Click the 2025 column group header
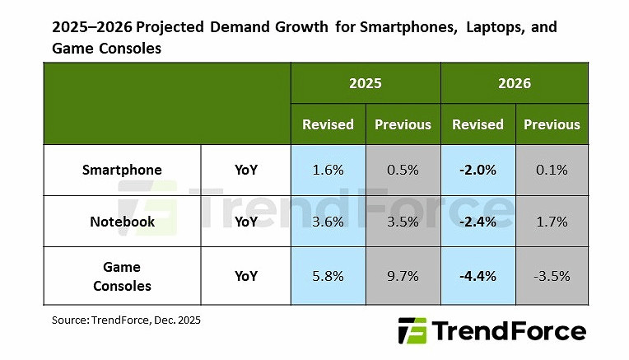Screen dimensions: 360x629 (x=365, y=83)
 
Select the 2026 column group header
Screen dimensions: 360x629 (x=515, y=83)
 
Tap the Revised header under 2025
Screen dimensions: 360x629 (x=328, y=124)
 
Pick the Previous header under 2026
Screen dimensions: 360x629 (x=552, y=124)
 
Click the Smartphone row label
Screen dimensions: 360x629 (x=122, y=171)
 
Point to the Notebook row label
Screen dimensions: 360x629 (x=122, y=222)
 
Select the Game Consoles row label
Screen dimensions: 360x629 (x=122, y=275)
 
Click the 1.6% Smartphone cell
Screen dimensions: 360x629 (x=328, y=171)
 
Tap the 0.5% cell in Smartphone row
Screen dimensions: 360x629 (x=403, y=171)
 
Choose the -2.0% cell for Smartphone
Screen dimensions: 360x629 (x=478, y=171)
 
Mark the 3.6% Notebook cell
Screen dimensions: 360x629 (x=328, y=222)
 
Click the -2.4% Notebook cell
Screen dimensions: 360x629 (x=478, y=222)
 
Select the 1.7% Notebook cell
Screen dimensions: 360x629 (x=552, y=222)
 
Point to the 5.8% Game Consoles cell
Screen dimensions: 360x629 (x=328, y=276)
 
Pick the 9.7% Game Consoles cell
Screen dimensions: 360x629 (x=403, y=276)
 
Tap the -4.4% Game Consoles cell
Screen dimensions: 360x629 (x=478, y=276)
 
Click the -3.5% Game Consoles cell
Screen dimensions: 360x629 (x=552, y=276)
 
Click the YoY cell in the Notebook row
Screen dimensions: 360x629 (x=245, y=222)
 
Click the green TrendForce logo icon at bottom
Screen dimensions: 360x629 (x=412, y=331)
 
